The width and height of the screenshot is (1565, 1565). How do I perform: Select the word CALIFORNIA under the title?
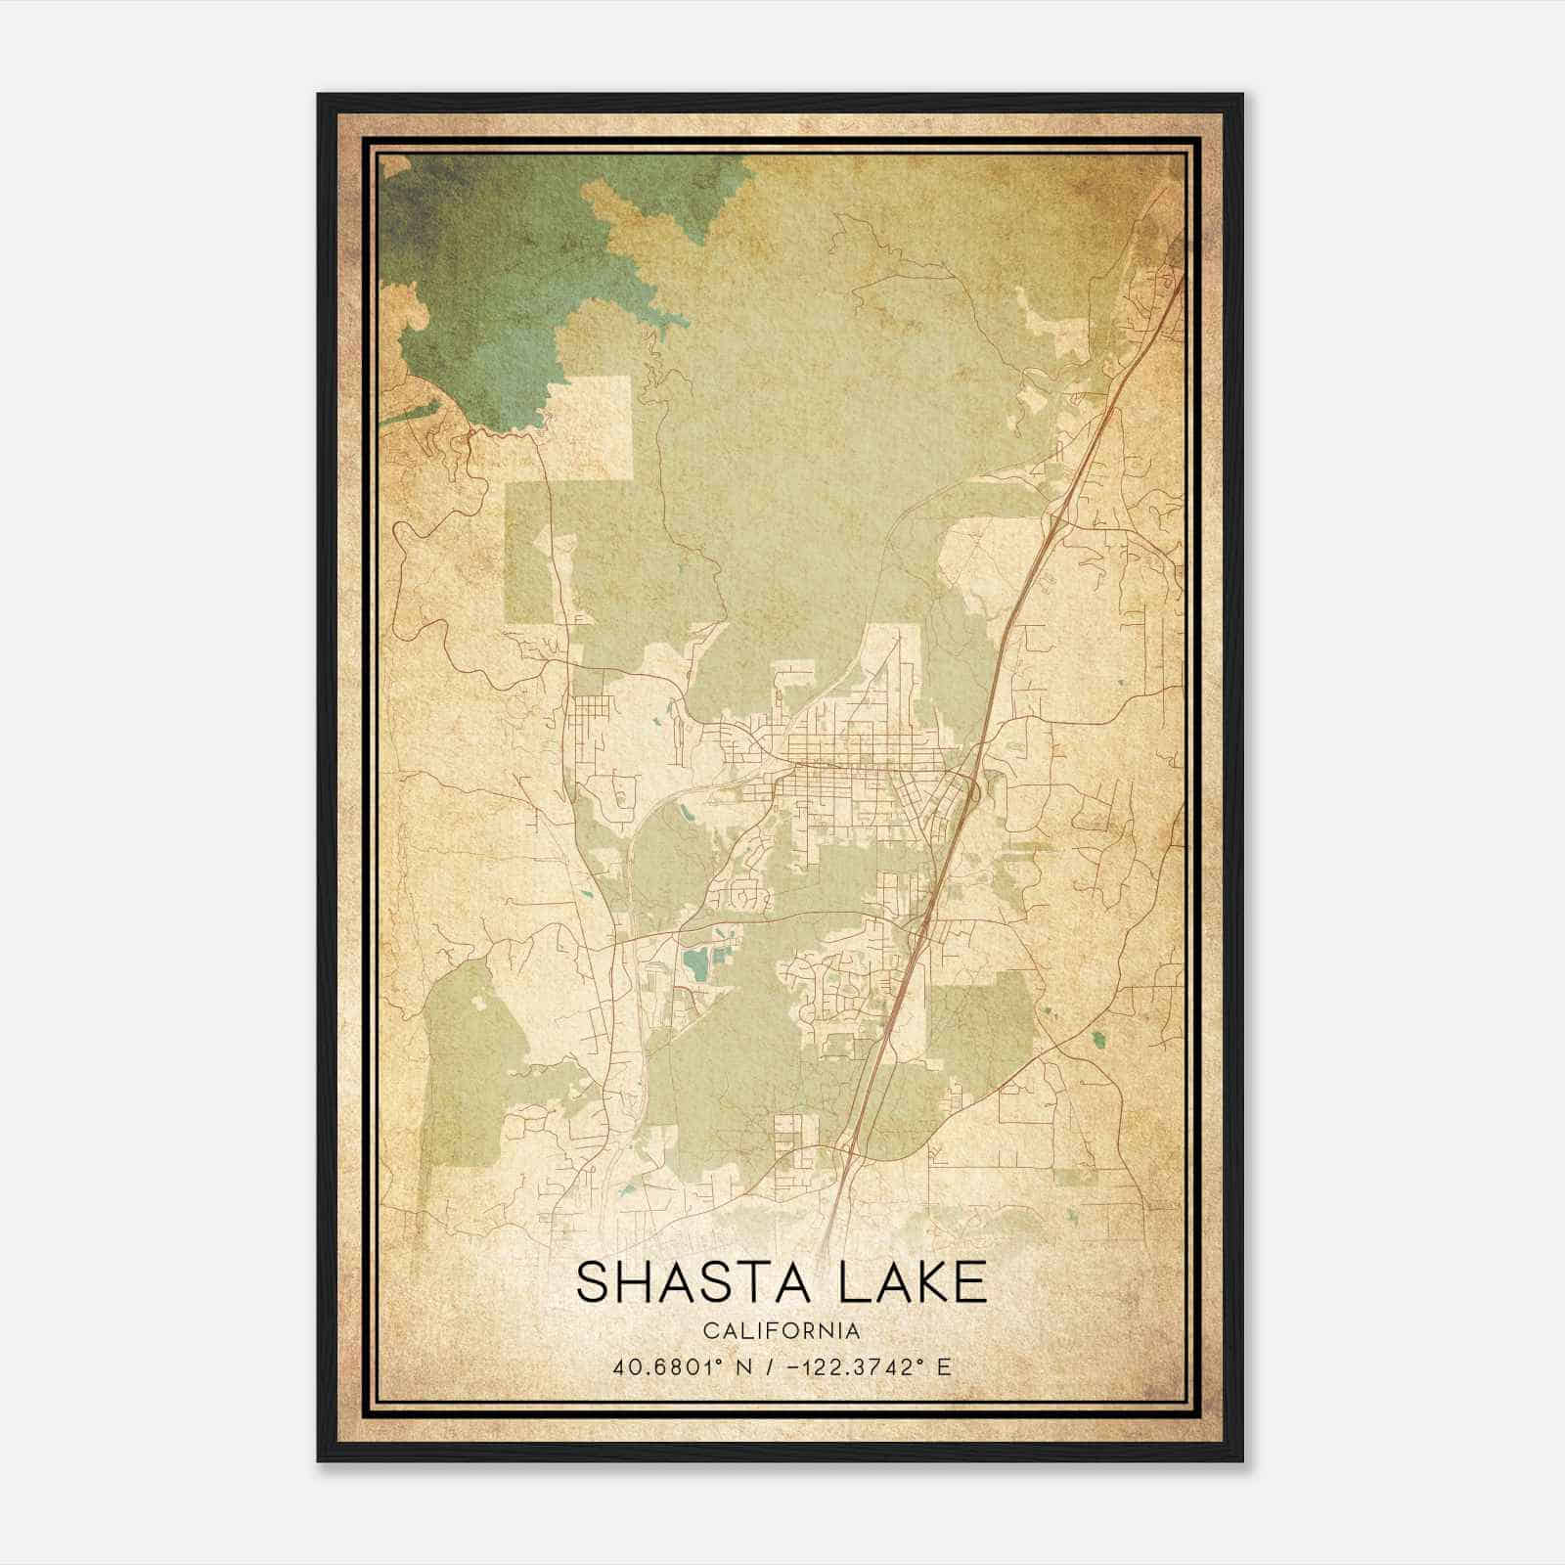[x=782, y=1330]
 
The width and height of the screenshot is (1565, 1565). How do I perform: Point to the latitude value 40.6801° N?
[x=681, y=1366]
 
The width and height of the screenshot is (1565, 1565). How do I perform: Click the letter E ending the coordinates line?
[x=944, y=1366]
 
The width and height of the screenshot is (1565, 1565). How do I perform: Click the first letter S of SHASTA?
[x=594, y=1282]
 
